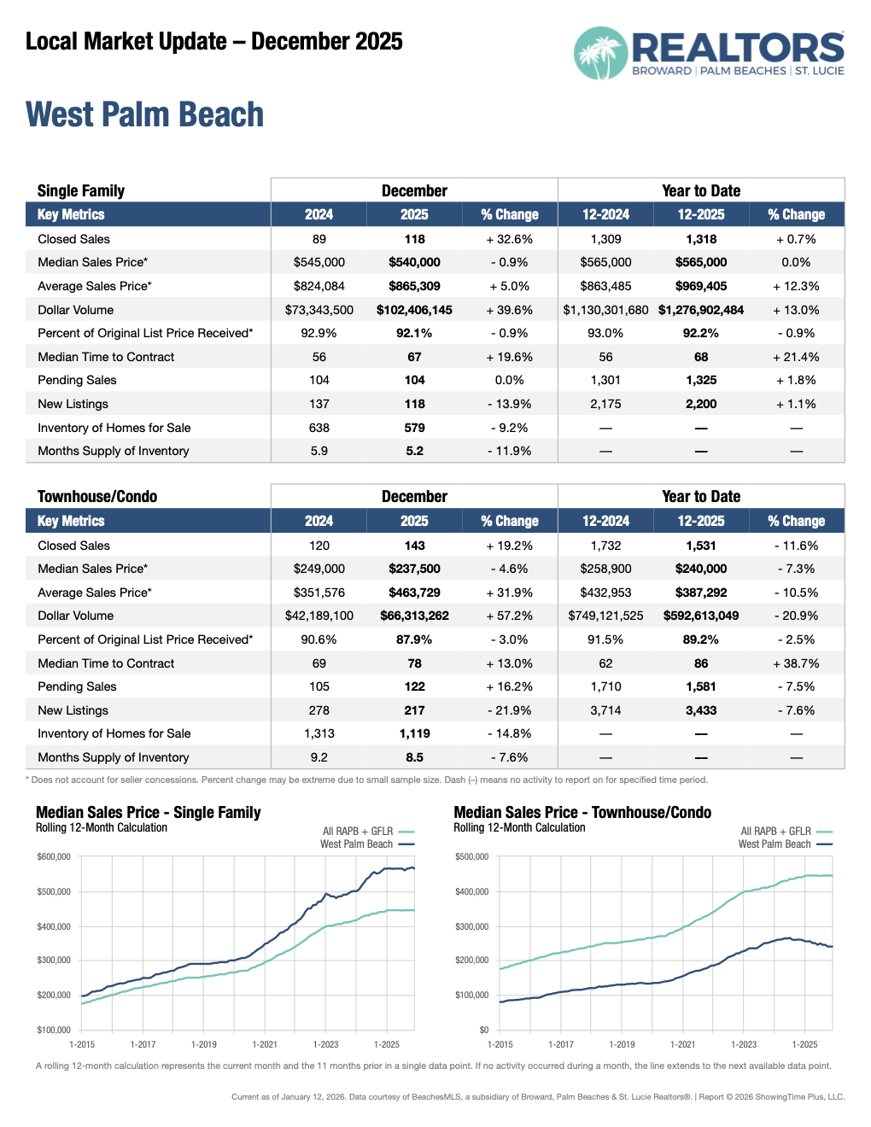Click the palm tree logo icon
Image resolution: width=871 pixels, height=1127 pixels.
point(600,53)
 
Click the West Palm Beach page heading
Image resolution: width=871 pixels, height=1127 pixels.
point(144,115)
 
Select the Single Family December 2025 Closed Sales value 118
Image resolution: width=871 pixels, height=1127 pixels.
point(415,239)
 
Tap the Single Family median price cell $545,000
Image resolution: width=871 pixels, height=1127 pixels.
point(319,262)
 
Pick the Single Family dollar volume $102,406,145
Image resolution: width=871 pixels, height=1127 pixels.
point(414,310)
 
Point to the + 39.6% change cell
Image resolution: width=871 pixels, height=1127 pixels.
point(510,310)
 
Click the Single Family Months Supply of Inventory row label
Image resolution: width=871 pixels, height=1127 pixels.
point(114,451)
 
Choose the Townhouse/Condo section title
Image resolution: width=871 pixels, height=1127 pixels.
point(97,497)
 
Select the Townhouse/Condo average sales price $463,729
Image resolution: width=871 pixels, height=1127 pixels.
point(414,593)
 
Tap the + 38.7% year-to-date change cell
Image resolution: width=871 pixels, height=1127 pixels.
point(796,663)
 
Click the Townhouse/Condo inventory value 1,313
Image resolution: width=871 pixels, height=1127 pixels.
point(319,733)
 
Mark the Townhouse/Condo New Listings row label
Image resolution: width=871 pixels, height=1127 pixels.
point(73,710)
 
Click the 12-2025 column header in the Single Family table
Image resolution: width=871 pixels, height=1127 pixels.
point(701,215)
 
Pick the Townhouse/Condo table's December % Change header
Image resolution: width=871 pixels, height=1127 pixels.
point(510,521)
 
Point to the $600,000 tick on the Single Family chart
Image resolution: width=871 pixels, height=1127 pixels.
point(54,856)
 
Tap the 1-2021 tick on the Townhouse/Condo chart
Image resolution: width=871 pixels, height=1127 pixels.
point(683,1044)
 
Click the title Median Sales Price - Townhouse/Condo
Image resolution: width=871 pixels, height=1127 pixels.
point(582,813)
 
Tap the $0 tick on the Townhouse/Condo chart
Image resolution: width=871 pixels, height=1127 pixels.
point(483,1030)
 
